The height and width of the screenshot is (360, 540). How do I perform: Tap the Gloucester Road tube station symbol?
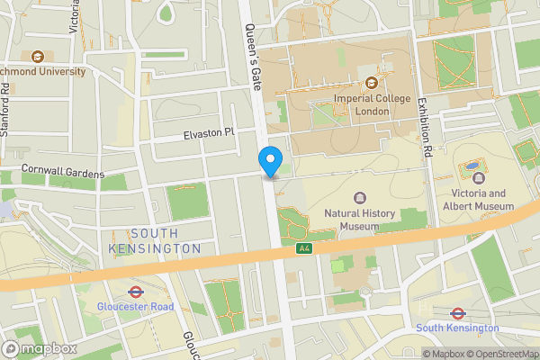(135, 292)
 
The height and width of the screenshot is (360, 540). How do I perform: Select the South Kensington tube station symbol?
(456, 314)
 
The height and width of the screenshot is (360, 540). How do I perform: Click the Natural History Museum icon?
(361, 198)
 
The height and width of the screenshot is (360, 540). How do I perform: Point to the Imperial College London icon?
(370, 83)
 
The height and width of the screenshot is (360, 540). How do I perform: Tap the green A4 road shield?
(305, 248)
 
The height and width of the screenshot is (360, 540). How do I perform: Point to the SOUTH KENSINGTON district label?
(155, 240)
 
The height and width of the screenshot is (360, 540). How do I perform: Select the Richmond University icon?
(37, 57)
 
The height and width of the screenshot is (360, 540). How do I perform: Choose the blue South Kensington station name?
(458, 328)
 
